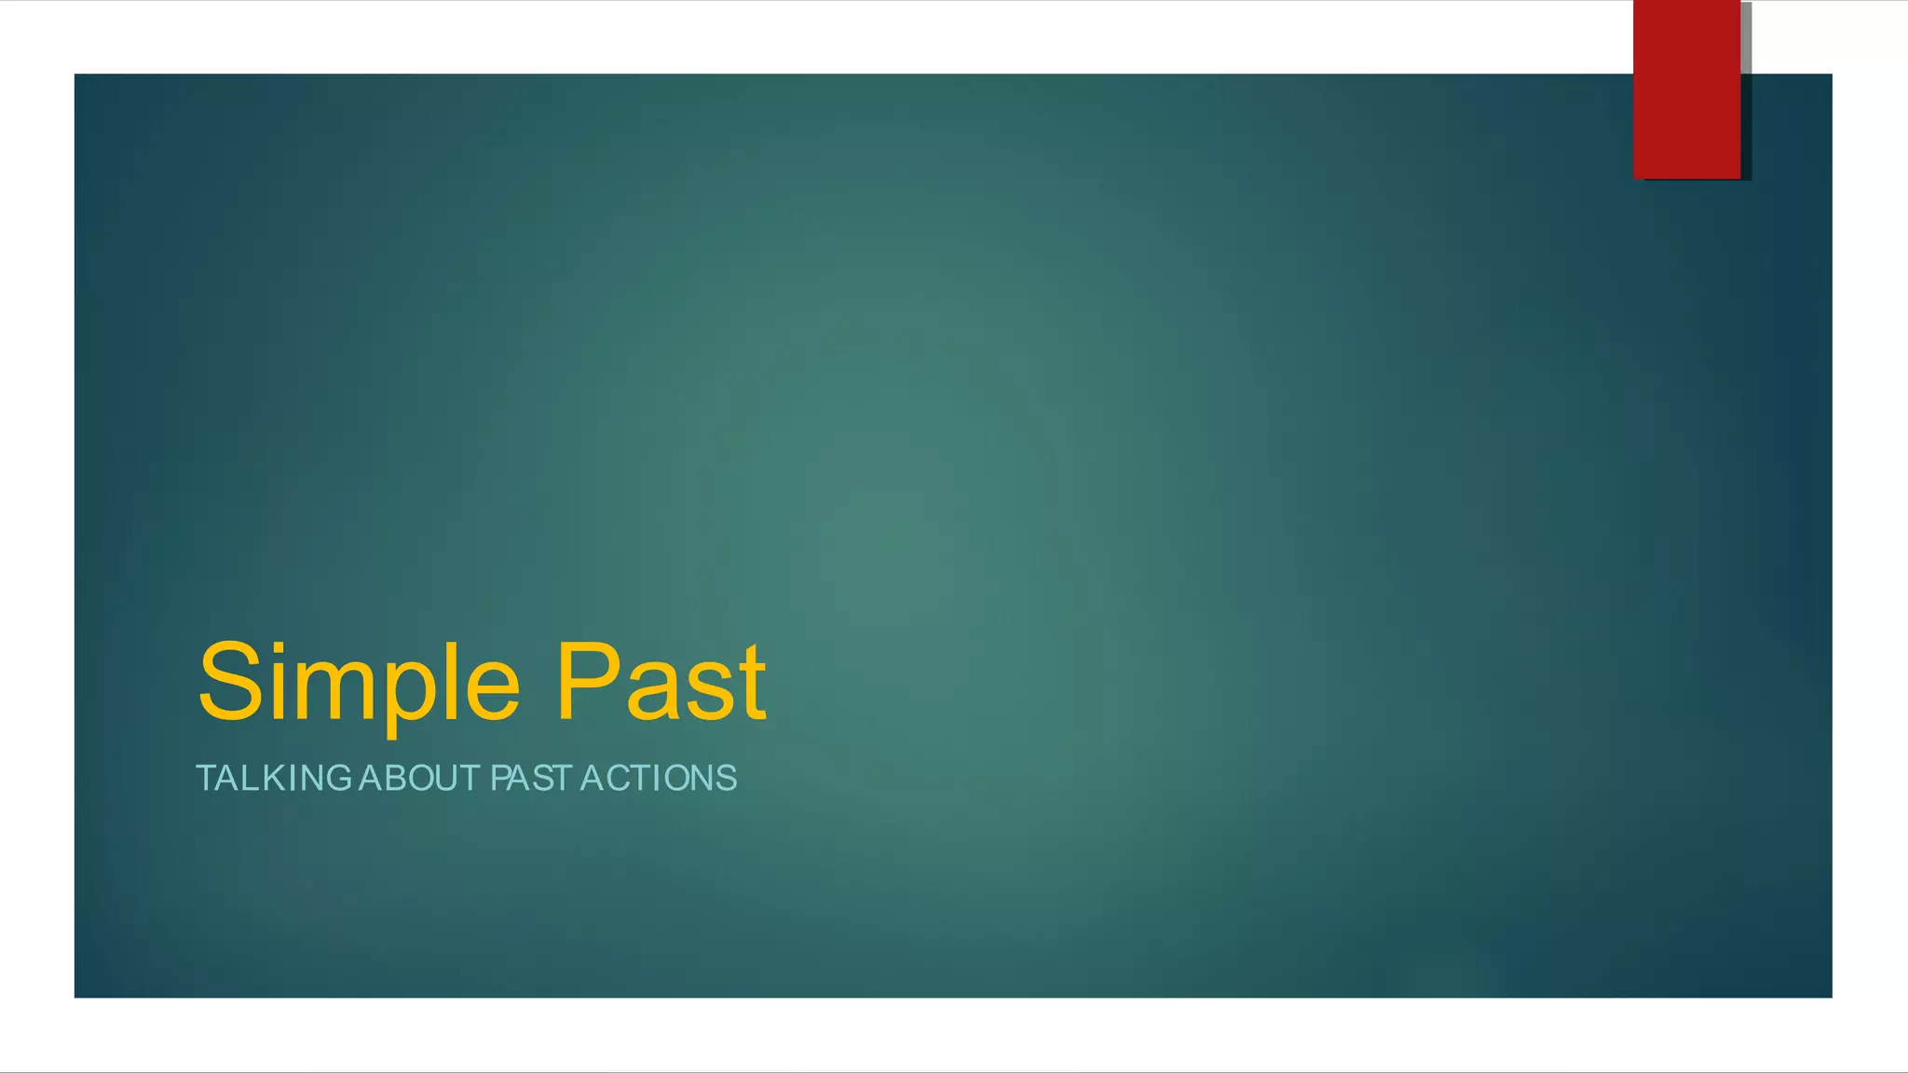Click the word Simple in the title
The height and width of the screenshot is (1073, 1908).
pos(359,685)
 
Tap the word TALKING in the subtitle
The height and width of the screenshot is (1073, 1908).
pos(273,778)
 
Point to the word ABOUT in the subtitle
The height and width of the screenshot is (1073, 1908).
pos(419,778)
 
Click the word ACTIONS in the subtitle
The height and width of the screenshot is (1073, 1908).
pos(659,778)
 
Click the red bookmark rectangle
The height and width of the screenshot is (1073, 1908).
pos(1686,88)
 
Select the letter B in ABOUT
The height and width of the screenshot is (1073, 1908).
pos(401,778)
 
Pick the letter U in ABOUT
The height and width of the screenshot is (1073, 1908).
pos(451,778)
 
